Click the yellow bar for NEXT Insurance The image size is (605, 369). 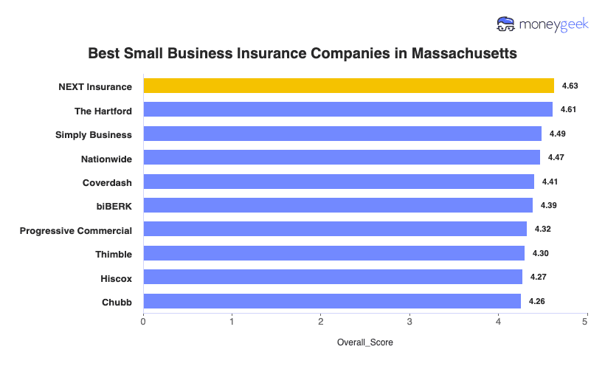click(x=348, y=86)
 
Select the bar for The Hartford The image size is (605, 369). click(x=348, y=110)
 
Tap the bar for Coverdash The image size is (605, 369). click(x=339, y=182)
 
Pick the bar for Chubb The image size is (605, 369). click(x=332, y=301)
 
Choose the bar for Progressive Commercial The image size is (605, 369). click(x=335, y=229)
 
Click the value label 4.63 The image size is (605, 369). click(x=570, y=86)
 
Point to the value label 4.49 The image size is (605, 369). click(x=557, y=134)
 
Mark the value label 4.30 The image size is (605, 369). click(x=540, y=253)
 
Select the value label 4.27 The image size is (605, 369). click(x=538, y=277)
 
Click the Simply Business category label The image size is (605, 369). click(x=94, y=134)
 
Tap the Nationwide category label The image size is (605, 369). click(x=106, y=158)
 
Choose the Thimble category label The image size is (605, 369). click(x=114, y=254)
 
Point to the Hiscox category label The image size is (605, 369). click(x=117, y=278)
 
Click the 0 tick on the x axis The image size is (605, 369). click(x=143, y=321)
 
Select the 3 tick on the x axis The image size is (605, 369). click(x=409, y=321)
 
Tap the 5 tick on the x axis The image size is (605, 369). click(x=586, y=321)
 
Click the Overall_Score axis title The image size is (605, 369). click(x=364, y=343)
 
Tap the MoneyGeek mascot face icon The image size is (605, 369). click(x=506, y=24)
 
